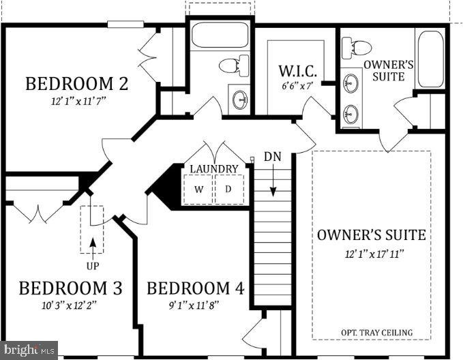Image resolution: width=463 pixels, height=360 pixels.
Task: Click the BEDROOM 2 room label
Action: point(77,84)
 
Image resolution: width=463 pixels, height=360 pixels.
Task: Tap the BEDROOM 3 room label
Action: point(70,288)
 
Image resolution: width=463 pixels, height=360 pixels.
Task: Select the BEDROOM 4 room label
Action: point(195,288)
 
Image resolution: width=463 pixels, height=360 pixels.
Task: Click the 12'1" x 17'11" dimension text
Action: point(372,254)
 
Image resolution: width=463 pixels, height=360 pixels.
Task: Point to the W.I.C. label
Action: point(295,71)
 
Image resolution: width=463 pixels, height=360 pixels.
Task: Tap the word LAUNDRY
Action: point(213,168)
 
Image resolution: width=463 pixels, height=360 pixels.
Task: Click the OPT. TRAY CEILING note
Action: point(376,333)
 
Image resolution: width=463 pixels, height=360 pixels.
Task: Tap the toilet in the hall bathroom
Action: point(232,65)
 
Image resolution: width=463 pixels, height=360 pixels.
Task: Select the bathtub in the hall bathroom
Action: point(220,35)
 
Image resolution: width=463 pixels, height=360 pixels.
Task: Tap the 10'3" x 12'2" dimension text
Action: point(68,305)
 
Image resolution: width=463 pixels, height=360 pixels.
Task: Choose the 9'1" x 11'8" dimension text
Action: point(194,305)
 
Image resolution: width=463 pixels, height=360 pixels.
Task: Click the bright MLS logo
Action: point(29,350)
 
